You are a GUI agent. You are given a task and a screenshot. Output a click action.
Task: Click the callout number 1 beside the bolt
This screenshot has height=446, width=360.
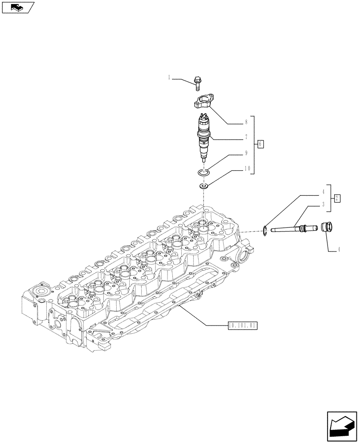[x=169, y=78]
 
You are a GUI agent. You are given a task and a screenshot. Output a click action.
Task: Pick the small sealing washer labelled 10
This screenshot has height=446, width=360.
[x=205, y=185]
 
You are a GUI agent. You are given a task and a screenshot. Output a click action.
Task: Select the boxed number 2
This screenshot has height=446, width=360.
[x=337, y=198]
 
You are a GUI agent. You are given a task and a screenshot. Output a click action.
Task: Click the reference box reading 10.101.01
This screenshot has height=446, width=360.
[x=242, y=326]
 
